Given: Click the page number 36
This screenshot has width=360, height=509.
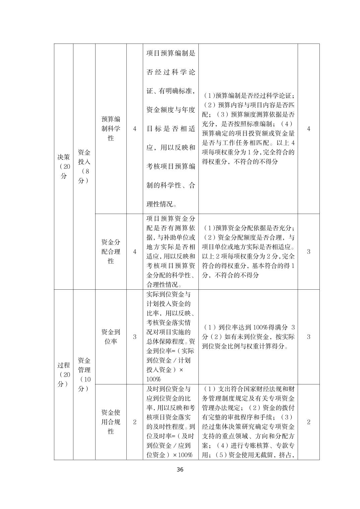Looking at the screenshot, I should pos(180,469).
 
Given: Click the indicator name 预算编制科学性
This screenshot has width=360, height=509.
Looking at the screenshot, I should pos(111,129).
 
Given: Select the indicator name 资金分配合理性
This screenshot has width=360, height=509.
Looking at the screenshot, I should pos(111,251).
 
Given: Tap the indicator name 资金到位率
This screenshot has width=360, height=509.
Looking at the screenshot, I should pos(111,337).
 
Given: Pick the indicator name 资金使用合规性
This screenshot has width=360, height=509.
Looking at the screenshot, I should pos(111,422).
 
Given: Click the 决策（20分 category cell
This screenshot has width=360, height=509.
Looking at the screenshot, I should pos(64,166).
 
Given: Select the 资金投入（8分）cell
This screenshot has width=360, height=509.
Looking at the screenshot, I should pos(84,166).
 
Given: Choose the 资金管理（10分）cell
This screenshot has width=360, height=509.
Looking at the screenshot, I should pos(84,374).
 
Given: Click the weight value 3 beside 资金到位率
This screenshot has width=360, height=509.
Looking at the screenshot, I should pos(135,337).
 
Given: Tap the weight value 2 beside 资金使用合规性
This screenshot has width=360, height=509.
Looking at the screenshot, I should pos(135,422).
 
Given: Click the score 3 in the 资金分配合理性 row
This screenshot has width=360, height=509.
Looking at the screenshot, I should pos(308,251).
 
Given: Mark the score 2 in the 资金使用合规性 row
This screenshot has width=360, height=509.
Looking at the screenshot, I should pos(308,422).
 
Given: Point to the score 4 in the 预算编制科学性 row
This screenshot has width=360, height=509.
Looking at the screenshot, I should pos(308,129).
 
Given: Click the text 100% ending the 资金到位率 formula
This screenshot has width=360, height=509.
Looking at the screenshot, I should pos(154,379).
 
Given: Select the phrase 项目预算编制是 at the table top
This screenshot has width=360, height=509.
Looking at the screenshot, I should pos(171,53).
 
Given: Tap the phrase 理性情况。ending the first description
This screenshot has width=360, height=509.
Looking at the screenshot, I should pos(162,204).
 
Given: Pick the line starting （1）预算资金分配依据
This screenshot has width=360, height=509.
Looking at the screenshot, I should pos(248,228).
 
